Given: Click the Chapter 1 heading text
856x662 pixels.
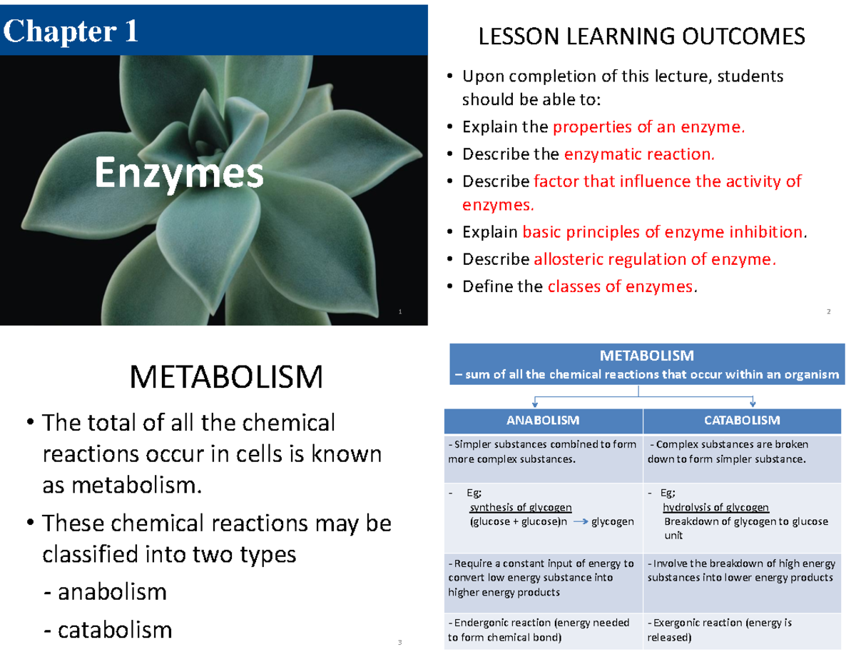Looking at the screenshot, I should (x=71, y=31).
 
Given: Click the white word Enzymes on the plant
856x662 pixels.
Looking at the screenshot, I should (x=179, y=174).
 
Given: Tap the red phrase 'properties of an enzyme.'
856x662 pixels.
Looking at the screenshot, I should (x=649, y=128).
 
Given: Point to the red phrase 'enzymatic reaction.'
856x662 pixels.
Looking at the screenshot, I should (x=638, y=154).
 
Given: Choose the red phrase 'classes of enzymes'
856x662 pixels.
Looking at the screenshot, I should (x=620, y=287).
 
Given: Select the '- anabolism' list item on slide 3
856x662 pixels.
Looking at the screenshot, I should (x=105, y=591).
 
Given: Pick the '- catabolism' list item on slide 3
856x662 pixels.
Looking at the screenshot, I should (x=108, y=630).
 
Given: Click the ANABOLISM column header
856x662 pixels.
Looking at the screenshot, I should (x=543, y=420).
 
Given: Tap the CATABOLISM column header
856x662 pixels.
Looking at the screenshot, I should (x=742, y=420).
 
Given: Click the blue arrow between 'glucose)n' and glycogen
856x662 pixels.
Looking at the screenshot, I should (x=580, y=522).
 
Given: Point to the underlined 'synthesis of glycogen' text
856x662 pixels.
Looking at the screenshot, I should (x=520, y=508).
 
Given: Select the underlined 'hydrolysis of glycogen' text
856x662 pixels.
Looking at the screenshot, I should (x=715, y=508).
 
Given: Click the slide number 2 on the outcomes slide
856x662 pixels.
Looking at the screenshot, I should (x=829, y=311).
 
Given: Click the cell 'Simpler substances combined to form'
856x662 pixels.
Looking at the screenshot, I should (x=542, y=451).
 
